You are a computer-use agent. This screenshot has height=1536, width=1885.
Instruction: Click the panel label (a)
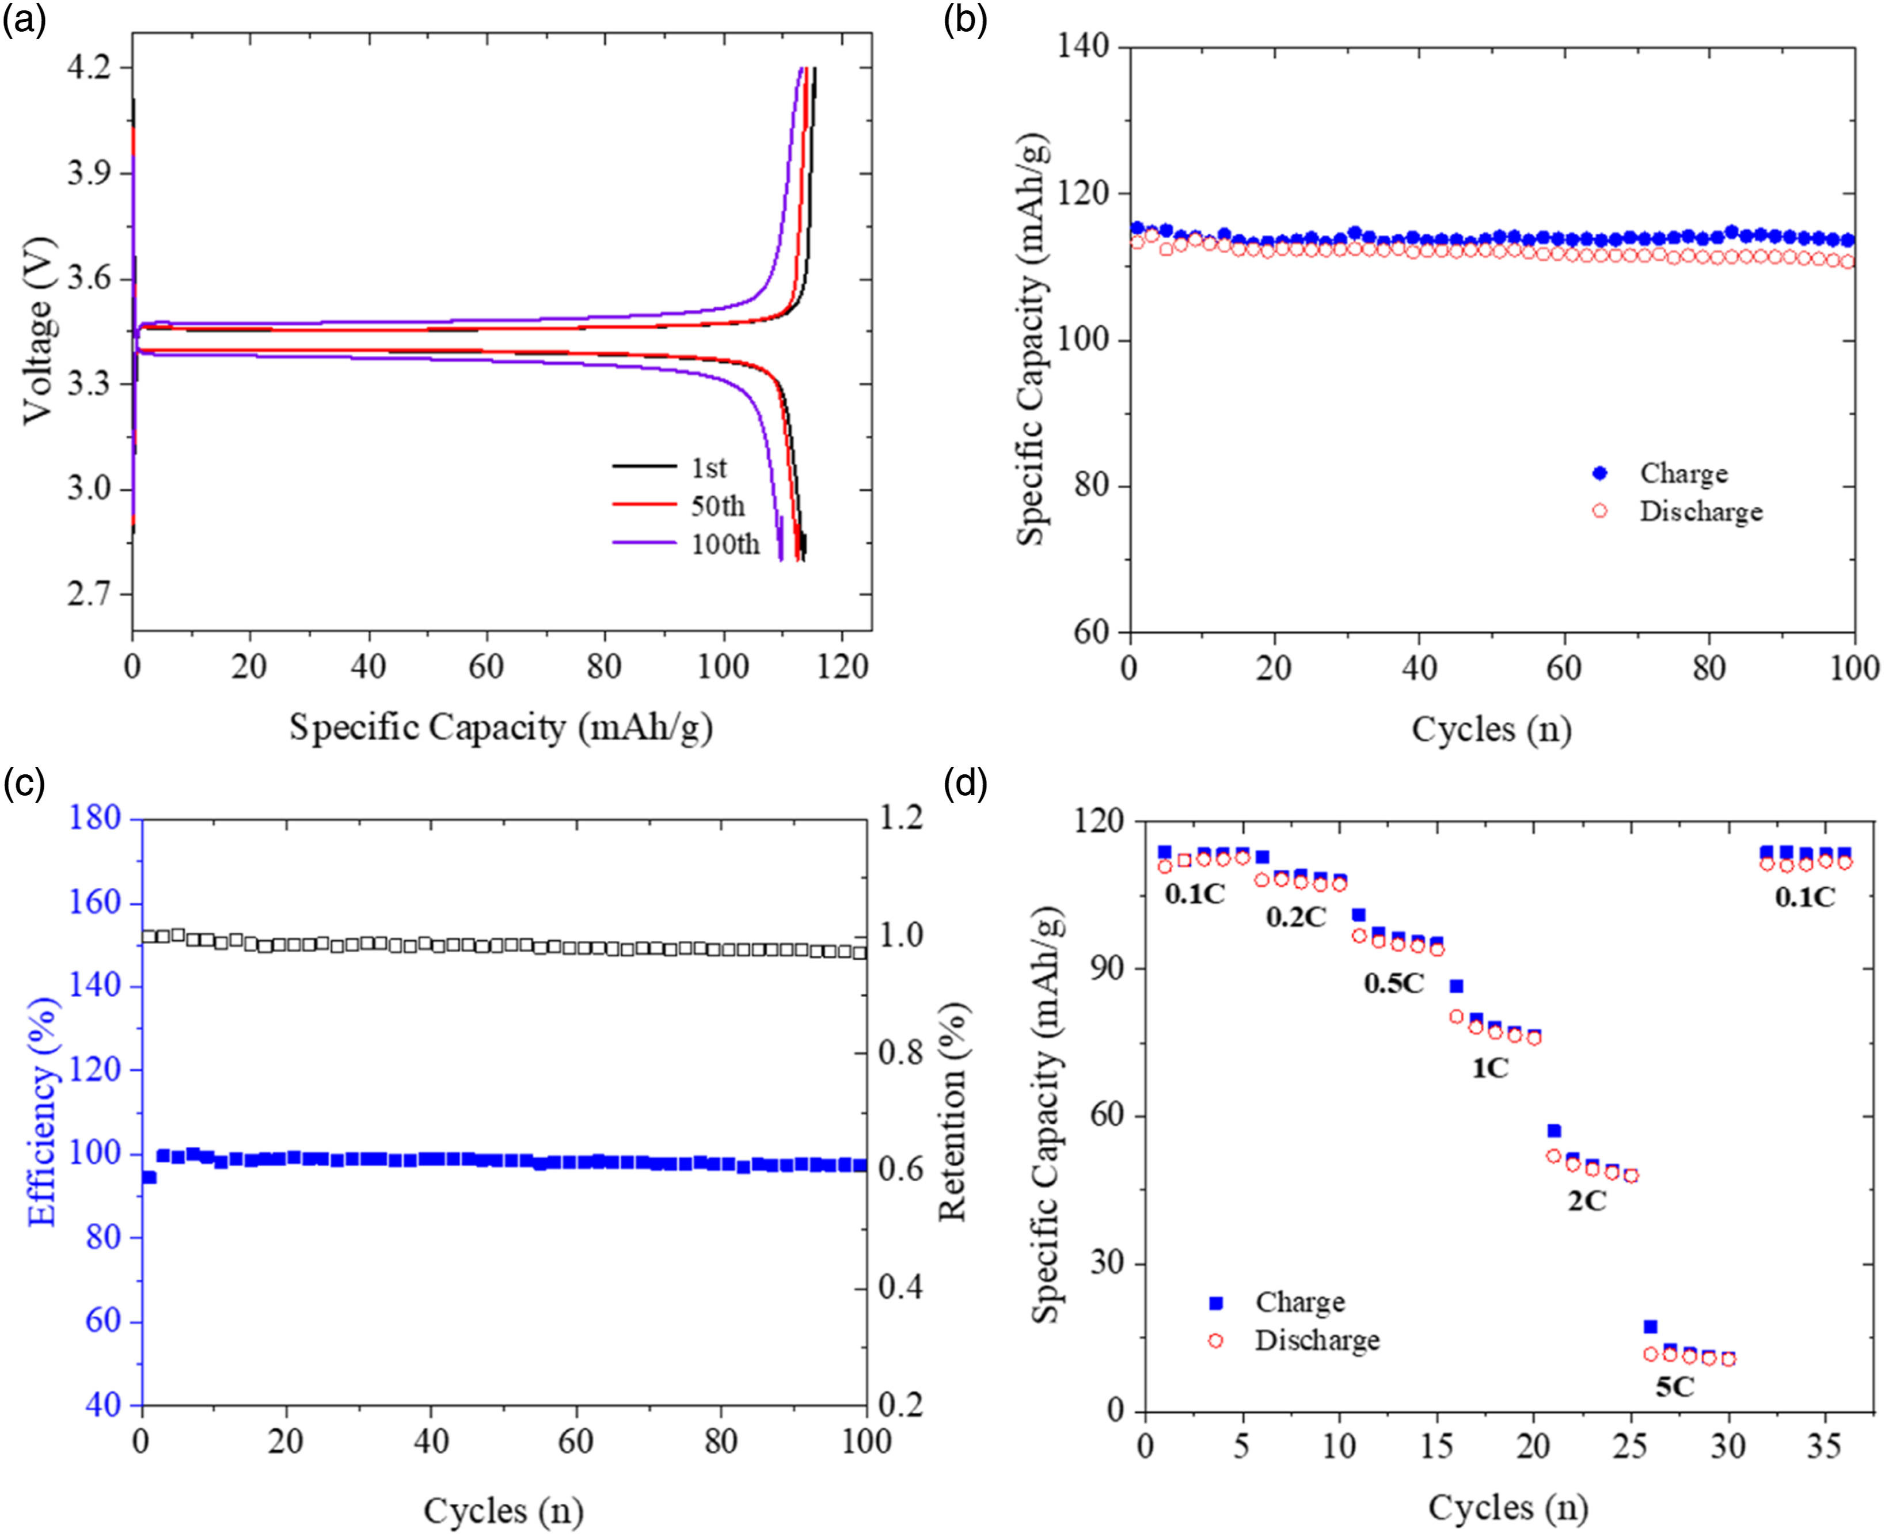[24, 20]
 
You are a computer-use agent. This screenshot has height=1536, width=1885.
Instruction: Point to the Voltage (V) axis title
[38, 331]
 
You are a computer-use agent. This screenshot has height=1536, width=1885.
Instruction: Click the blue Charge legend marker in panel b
[1599, 473]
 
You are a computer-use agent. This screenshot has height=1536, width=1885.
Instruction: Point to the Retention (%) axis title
[952, 1111]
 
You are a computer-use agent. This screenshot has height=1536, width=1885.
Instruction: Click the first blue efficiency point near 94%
[149, 1177]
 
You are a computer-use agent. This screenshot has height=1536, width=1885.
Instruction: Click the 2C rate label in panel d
[1587, 1201]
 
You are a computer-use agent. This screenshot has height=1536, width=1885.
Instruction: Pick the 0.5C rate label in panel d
[1394, 983]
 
